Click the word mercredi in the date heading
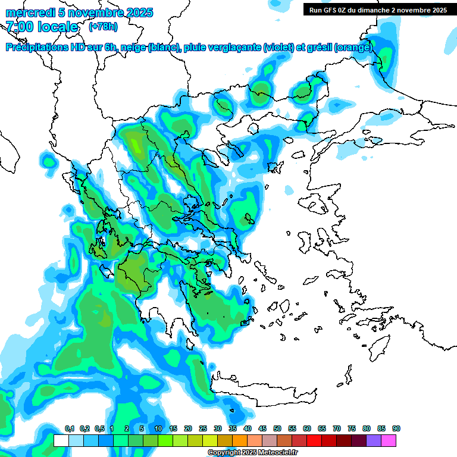(x=26, y=12)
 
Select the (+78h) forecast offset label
(x=102, y=26)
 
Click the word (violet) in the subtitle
(x=278, y=48)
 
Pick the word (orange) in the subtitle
(x=354, y=48)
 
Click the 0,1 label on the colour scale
(x=70, y=428)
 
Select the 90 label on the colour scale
(x=396, y=428)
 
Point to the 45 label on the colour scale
(x=262, y=428)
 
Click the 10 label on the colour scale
(x=158, y=428)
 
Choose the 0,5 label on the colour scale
(x=99, y=428)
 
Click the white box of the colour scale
(x=61, y=440)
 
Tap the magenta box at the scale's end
(x=389, y=440)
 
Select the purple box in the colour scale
(x=374, y=440)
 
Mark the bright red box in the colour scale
(x=314, y=440)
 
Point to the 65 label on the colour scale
(x=322, y=428)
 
